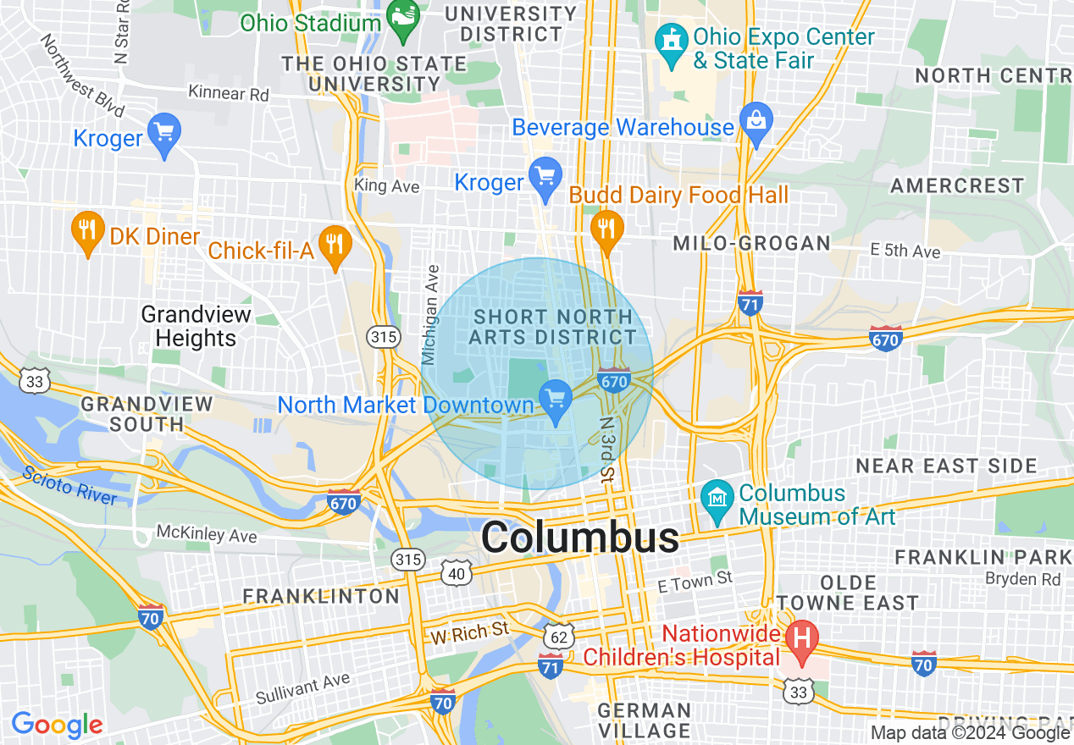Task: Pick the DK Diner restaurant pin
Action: pyautogui.click(x=87, y=231)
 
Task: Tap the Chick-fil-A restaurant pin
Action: pyautogui.click(x=336, y=246)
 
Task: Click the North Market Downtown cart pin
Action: pyautogui.click(x=556, y=400)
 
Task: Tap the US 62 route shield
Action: pyautogui.click(x=561, y=633)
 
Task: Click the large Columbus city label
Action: pyautogui.click(x=580, y=537)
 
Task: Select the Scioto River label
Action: pyautogui.click(x=71, y=485)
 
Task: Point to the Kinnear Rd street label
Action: pyautogui.click(x=229, y=92)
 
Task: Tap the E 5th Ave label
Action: pyautogui.click(x=905, y=251)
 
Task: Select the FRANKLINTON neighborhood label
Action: pyautogui.click(x=321, y=596)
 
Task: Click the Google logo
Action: pyautogui.click(x=57, y=725)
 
